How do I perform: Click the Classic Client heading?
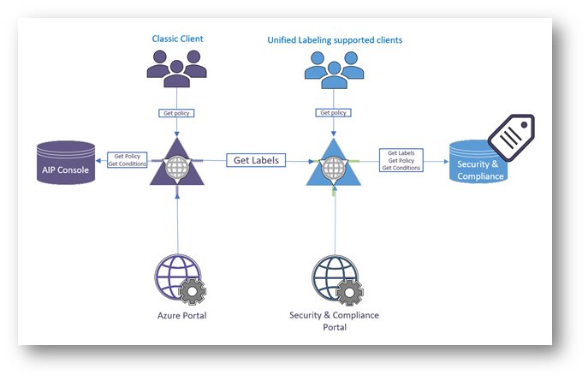click(176, 39)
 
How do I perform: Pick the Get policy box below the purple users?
click(175, 113)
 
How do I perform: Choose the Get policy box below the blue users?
click(332, 113)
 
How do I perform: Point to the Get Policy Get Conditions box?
click(127, 160)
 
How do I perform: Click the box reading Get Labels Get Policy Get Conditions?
click(401, 161)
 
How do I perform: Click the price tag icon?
click(512, 135)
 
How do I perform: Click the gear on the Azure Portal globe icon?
click(193, 294)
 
